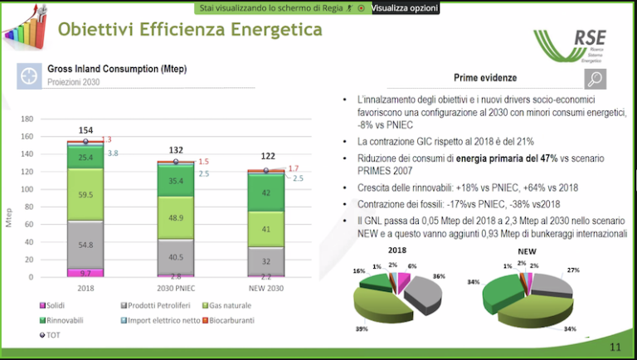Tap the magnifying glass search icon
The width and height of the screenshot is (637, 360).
[595, 78]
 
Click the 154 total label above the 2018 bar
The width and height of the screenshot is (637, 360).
[85, 130]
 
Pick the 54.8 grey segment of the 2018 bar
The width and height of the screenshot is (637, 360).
[85, 245]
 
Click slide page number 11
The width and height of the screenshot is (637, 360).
[615, 347]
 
